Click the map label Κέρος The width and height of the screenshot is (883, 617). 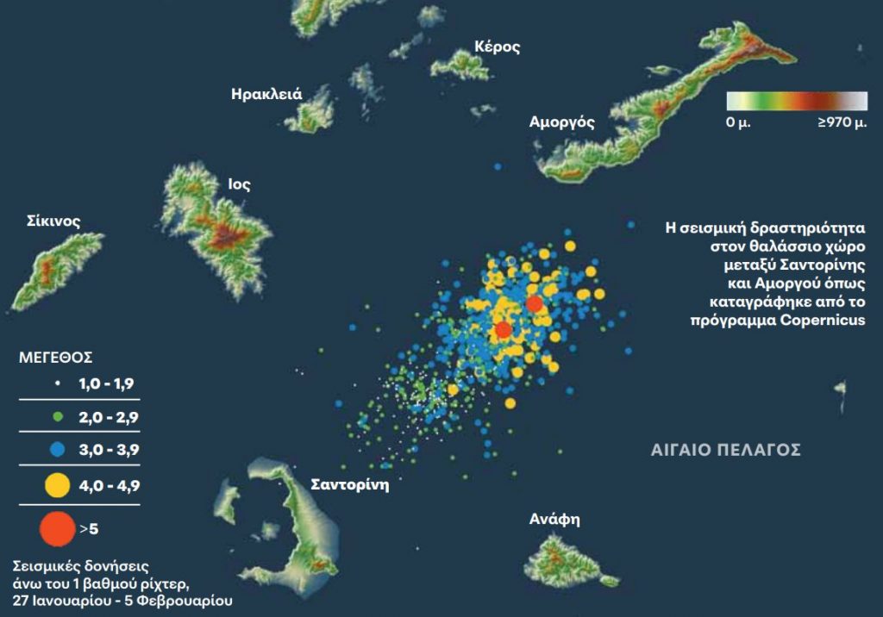pos(498,47)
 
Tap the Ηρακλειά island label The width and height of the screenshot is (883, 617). pos(266,94)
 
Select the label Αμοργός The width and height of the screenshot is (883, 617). pos(561,122)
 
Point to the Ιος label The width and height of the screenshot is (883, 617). pos(240,184)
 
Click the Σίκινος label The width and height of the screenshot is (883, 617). pos(53,221)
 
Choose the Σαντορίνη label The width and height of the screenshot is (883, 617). pos(350,484)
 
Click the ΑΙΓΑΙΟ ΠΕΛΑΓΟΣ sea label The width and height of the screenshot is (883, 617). pos(726,450)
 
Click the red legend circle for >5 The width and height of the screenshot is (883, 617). pos(58,528)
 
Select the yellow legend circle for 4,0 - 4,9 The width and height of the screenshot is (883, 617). pos(58,486)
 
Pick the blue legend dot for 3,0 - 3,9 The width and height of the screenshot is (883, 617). pos(58,449)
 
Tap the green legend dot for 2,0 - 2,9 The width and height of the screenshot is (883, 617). pos(58,417)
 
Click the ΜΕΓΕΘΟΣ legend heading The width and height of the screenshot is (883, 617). pos(56,356)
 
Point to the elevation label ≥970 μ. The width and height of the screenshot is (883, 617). pos(842,123)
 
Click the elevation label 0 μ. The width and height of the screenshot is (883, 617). pos(739,123)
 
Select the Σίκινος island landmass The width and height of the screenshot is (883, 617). pos(53,268)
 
